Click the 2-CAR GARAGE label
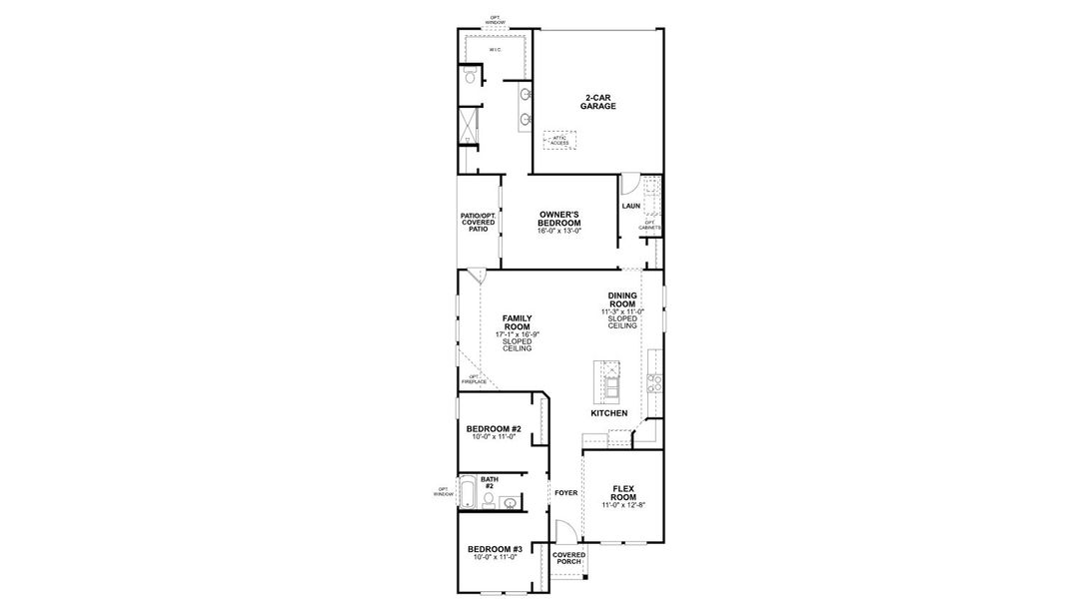point(599,102)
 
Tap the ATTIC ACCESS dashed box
point(560,141)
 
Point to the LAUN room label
point(630,207)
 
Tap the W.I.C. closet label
point(496,49)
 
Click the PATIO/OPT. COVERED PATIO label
point(479,223)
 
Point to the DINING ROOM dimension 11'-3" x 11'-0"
point(622,311)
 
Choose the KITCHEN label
point(608,413)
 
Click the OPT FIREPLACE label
point(474,379)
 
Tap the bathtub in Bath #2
point(470,492)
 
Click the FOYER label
point(565,492)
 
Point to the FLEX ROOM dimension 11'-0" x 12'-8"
point(623,506)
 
